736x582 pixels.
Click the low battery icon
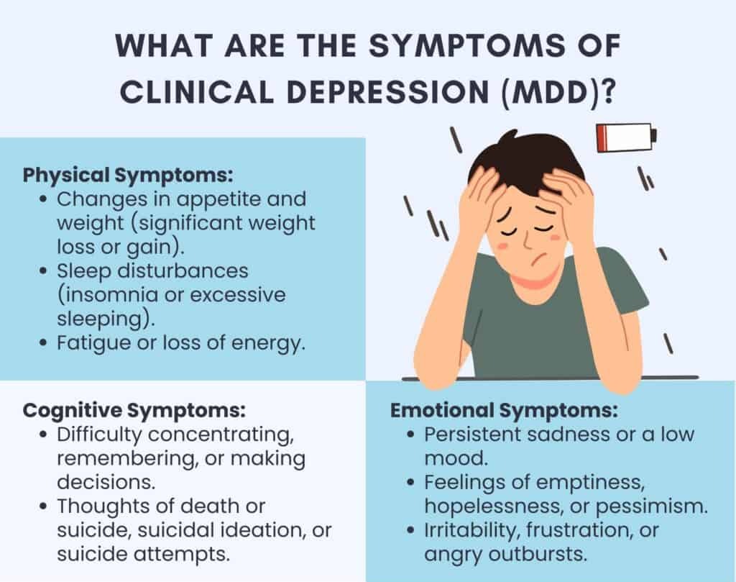[626, 138]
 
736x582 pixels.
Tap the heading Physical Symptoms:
[128, 176]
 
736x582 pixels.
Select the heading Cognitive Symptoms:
[134, 410]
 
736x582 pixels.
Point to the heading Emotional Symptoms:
[504, 410]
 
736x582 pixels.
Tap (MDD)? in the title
[558, 92]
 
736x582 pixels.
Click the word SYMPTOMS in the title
[466, 45]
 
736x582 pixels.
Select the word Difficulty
[98, 435]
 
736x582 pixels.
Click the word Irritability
[472, 531]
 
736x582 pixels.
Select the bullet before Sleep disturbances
[44, 271]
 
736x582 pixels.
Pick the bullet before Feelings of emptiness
[411, 483]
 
